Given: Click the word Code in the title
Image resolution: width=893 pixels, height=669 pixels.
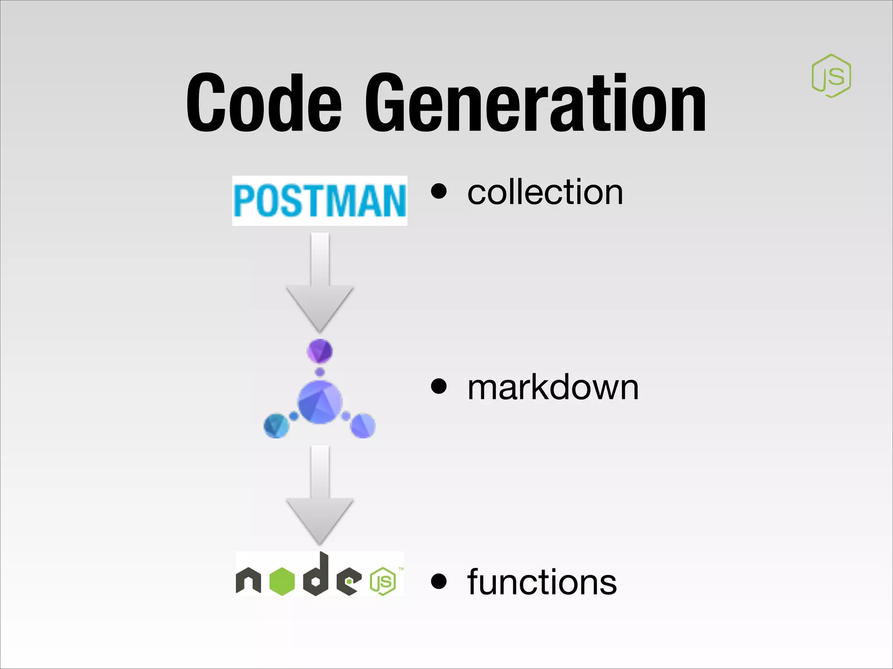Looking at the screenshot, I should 264,103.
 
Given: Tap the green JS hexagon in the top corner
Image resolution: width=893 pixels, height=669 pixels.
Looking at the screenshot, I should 831,76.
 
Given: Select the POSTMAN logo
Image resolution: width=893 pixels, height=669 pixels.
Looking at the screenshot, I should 320,201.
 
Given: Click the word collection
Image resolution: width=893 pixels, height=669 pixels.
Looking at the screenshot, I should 545,193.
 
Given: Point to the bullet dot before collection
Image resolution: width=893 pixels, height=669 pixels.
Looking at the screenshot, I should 439,192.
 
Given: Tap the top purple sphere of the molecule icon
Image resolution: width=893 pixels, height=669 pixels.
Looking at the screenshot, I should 320,351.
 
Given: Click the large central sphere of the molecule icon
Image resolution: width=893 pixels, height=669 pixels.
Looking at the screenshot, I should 320,402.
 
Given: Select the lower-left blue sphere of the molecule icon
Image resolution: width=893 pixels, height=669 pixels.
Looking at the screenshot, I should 276,426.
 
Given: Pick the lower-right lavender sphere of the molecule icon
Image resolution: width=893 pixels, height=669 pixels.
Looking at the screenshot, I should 363,426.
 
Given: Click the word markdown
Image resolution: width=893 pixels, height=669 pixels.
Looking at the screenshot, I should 553,388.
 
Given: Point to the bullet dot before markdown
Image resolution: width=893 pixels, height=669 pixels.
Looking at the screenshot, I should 439,386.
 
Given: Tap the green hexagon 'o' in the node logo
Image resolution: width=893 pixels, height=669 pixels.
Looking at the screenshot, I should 282,581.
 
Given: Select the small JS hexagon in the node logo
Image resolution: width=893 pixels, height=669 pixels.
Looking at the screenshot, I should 383,581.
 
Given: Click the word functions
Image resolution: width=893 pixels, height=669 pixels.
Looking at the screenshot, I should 542,582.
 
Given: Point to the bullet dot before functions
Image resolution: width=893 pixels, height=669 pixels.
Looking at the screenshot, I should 439,581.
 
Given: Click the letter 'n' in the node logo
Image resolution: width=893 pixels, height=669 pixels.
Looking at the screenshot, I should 248,581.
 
